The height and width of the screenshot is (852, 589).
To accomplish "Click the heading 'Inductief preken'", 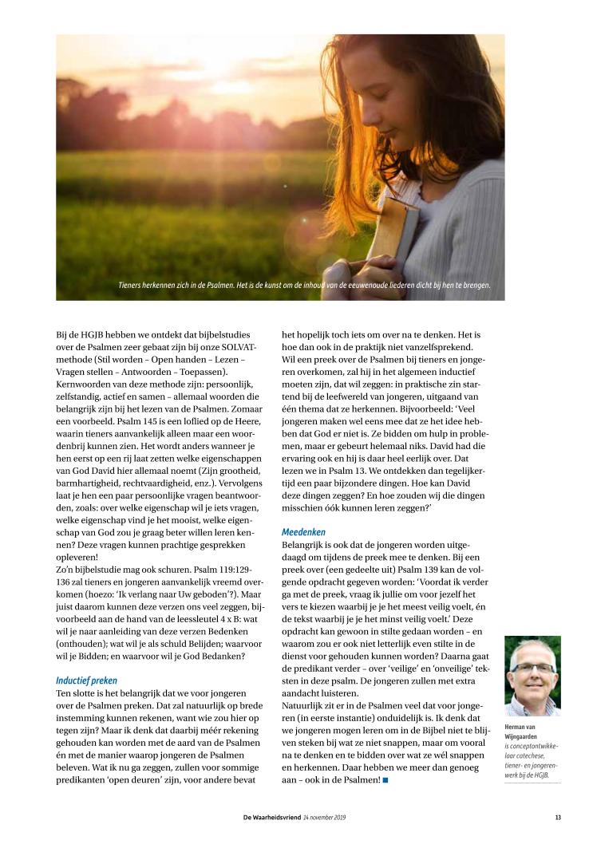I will pyautogui.click(x=86, y=680).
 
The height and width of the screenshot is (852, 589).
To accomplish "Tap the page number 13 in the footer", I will pyautogui.click(x=558, y=816).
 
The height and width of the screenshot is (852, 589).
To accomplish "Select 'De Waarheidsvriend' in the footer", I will pyautogui.click(x=272, y=816).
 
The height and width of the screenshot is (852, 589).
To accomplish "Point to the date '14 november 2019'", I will pyautogui.click(x=324, y=816).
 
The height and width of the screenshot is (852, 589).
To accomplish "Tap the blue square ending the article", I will pyautogui.click(x=385, y=779).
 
